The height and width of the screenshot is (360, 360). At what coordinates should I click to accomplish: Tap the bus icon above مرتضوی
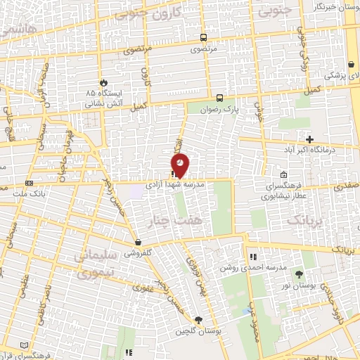(203, 38)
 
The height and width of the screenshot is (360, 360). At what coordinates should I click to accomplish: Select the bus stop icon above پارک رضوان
(220, 98)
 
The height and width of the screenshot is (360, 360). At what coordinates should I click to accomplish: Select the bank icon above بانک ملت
(29, 183)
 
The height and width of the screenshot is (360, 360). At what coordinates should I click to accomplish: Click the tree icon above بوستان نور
(300, 274)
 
